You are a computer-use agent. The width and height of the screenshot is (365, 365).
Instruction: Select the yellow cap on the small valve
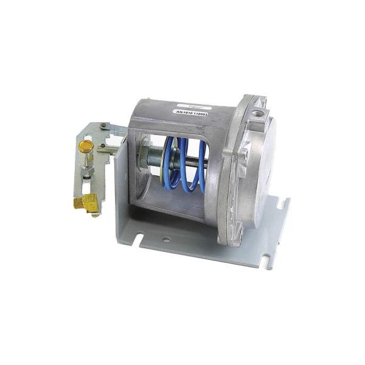click(x=86, y=146)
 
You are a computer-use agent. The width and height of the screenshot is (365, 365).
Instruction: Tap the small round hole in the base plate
click(x=166, y=240)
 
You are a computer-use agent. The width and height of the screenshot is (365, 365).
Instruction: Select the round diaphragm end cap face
click(x=274, y=164)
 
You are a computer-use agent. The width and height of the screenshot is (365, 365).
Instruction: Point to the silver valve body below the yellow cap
click(x=87, y=167)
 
